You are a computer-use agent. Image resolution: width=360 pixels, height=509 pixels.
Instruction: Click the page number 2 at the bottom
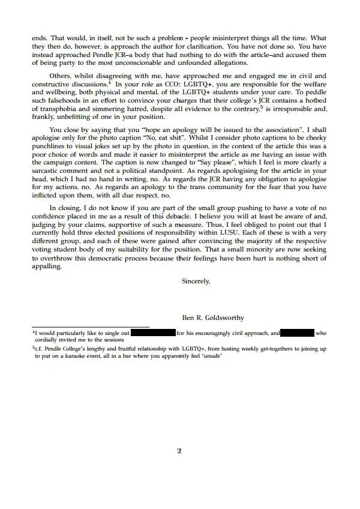click(x=179, y=451)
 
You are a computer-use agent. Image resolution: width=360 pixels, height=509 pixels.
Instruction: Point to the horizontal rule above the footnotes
click(x=90, y=327)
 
